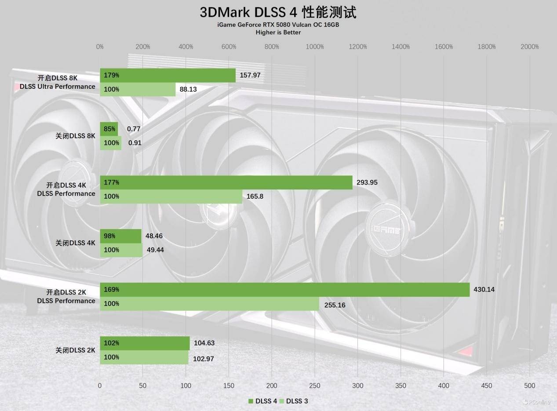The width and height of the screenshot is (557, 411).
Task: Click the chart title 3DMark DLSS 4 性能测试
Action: click(x=278, y=12)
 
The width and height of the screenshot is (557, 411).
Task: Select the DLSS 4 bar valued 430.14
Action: click(x=284, y=290)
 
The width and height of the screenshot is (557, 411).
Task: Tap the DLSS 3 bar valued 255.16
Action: click(x=209, y=304)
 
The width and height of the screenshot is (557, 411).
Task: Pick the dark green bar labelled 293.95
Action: click(x=226, y=182)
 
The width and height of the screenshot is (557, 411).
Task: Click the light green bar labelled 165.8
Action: click(x=171, y=196)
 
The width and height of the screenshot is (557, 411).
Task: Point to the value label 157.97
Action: click(x=250, y=75)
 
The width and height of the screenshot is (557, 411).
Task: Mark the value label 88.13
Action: click(x=189, y=89)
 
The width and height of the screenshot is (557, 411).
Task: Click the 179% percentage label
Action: click(x=112, y=75)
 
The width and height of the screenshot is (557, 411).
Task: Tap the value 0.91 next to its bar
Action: click(x=135, y=143)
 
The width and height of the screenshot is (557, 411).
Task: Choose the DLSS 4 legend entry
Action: click(x=263, y=401)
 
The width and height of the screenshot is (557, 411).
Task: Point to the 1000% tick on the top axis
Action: click(x=315, y=47)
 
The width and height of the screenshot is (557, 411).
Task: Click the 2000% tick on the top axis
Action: click(x=530, y=47)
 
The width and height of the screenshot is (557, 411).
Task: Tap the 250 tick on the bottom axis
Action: click(x=315, y=386)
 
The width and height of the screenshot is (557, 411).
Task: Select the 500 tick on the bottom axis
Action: click(x=530, y=386)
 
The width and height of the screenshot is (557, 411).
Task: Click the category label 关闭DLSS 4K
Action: click(x=75, y=243)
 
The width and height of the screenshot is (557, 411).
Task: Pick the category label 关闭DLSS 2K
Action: click(x=75, y=350)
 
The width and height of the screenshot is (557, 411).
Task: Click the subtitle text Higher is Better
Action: click(x=278, y=32)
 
